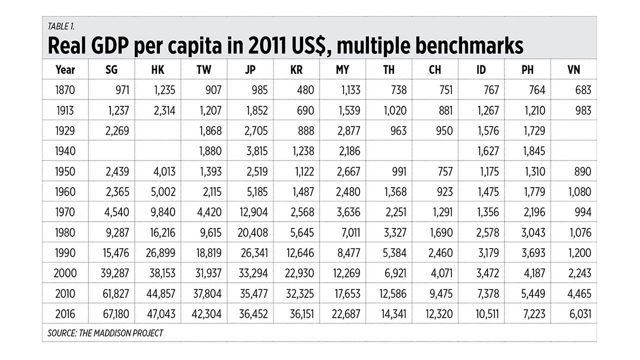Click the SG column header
(x=111, y=69)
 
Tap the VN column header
(x=574, y=69)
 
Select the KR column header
(x=296, y=69)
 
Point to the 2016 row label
(x=65, y=314)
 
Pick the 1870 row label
(x=65, y=90)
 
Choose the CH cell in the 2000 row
(x=440, y=273)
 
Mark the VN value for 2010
(x=578, y=294)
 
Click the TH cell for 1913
(x=393, y=110)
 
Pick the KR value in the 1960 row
(x=300, y=192)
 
